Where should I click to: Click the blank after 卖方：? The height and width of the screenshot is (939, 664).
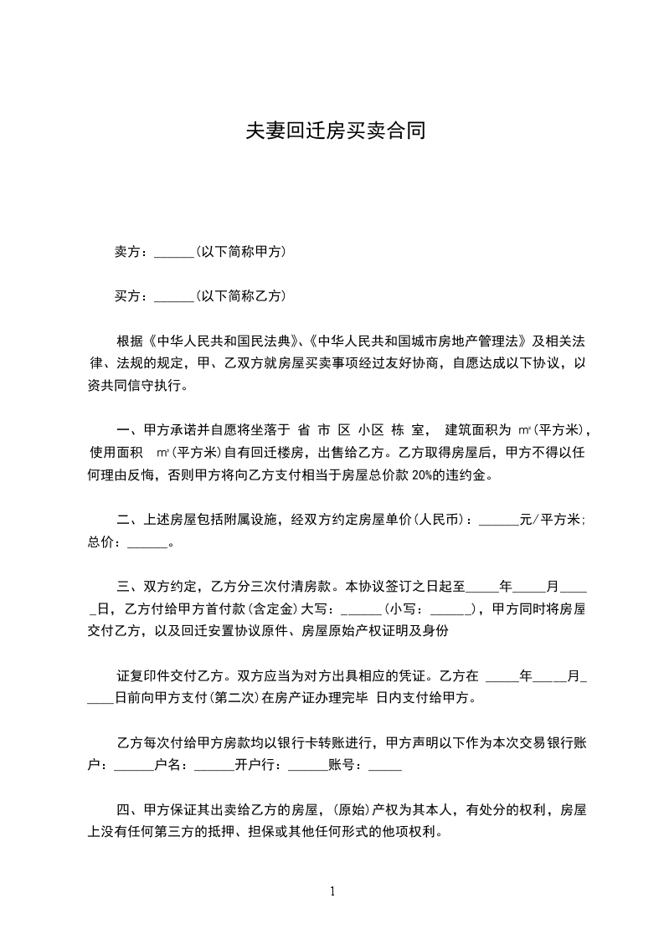174,251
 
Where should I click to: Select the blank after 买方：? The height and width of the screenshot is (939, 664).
174,295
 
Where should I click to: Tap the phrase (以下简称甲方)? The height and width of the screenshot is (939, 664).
240,251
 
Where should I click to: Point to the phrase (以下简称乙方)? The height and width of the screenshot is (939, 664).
240,295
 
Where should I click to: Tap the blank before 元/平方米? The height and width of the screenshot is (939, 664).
501,520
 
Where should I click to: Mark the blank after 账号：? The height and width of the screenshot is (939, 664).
385,765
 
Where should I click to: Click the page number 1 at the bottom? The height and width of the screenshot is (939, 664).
332,891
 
